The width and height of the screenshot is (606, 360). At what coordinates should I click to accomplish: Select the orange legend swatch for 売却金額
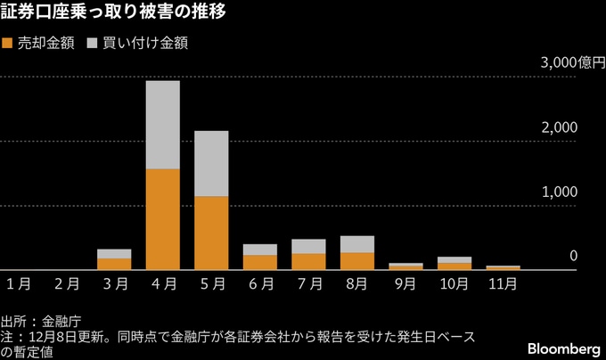point(9,43)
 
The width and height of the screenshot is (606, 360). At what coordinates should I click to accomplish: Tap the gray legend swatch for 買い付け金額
point(93,43)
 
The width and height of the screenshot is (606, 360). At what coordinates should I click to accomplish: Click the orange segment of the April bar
point(163,218)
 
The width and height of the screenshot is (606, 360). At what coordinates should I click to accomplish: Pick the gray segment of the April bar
point(163,125)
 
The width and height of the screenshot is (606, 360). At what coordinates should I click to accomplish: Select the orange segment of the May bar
point(211,232)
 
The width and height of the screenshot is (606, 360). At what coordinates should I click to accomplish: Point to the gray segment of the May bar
point(211,163)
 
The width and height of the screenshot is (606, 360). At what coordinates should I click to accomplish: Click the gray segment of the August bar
point(356,244)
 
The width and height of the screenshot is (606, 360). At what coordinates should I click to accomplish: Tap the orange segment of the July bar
point(308,261)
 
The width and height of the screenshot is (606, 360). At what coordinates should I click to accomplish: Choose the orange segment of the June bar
point(260,262)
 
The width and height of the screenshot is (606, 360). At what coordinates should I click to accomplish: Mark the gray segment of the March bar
point(114,254)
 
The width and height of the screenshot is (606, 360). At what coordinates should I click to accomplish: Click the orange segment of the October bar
point(454,266)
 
